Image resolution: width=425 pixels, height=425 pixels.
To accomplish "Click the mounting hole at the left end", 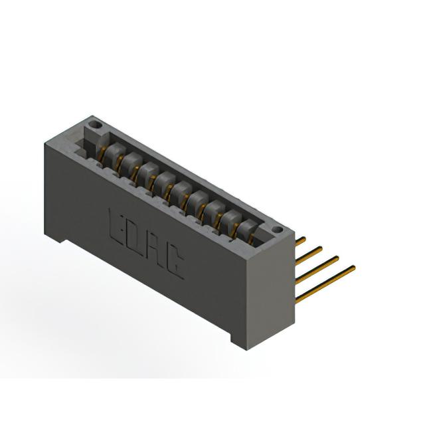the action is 96,126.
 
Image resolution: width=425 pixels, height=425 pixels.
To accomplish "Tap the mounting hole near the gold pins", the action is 277,230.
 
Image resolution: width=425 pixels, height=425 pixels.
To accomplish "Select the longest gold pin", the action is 325,284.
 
